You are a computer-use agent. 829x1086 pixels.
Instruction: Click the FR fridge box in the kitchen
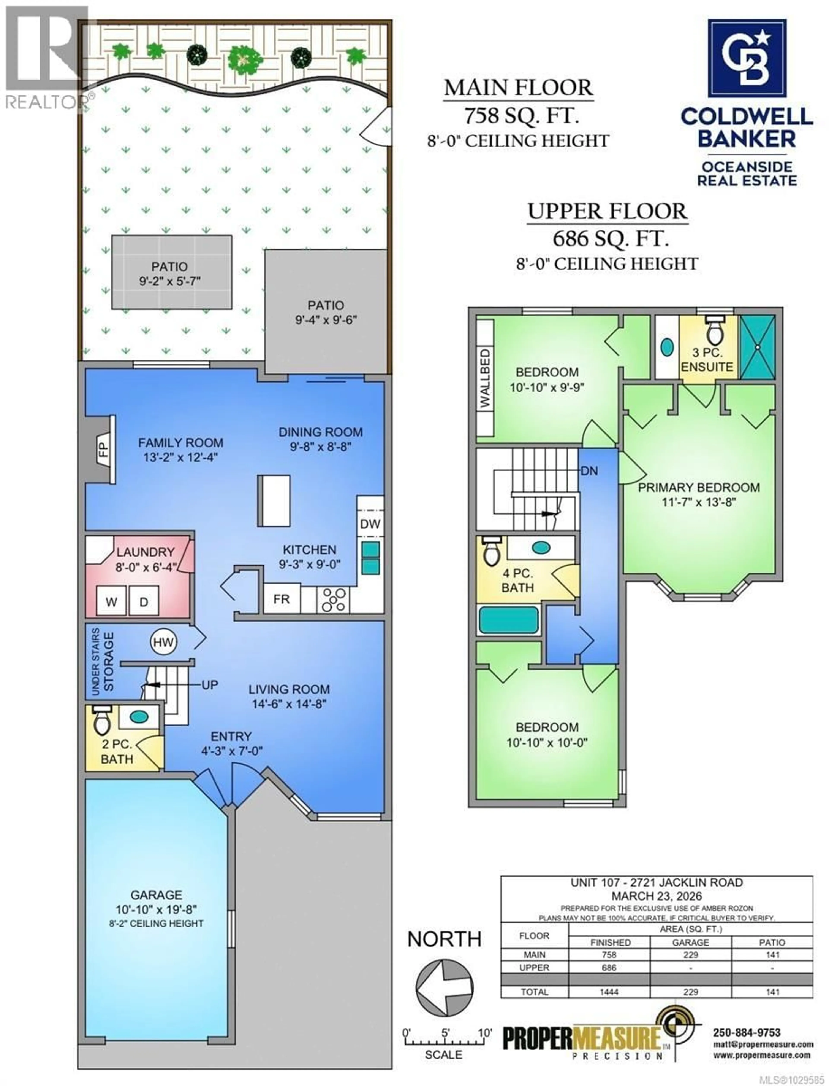[x=281, y=599]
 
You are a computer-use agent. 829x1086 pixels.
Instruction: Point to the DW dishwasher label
[x=370, y=523]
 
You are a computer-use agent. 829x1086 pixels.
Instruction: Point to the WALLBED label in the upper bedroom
[x=486, y=378]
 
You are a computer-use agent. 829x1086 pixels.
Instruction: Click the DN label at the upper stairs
[x=589, y=471]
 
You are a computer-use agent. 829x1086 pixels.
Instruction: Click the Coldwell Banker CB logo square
[x=747, y=58]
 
